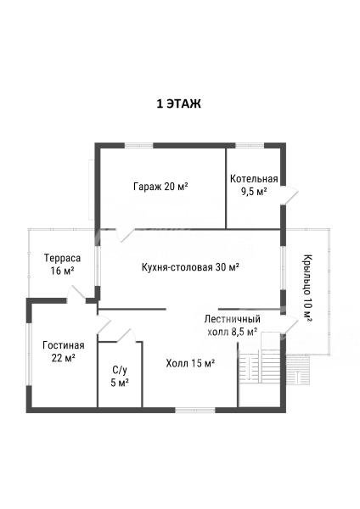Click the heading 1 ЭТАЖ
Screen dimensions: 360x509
pos(178,103)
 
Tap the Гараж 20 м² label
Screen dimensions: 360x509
pos(160,187)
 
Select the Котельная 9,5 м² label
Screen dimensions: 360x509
pos(254,185)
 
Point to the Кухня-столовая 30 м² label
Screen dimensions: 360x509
pos(191,267)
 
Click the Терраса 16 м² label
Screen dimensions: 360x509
pos(62,264)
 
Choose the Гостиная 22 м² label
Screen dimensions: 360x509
pos(64,351)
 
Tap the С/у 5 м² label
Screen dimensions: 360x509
pos(120,376)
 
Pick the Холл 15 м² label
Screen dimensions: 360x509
pos(190,363)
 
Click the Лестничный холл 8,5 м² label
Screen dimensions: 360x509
pos(233,326)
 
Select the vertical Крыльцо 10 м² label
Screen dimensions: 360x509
pos(307,288)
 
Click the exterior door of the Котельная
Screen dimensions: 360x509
pos(290,195)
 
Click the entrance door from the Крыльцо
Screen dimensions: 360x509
pos(290,324)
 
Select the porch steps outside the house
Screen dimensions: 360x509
pos(298,370)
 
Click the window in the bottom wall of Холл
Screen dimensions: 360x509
pos(195,411)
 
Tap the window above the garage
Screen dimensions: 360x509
pos(139,145)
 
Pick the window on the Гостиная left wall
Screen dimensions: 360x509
pos(29,354)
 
